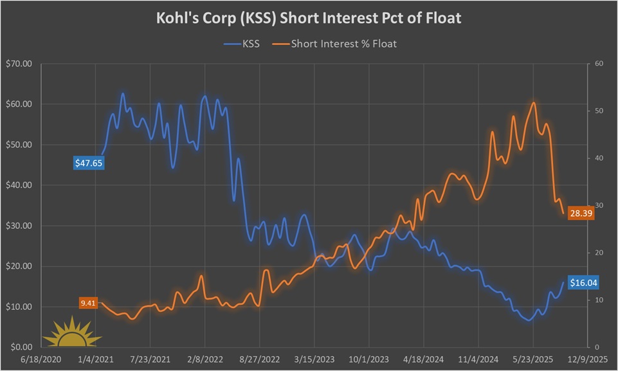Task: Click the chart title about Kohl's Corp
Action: click(309, 19)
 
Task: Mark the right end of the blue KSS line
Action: click(563, 282)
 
